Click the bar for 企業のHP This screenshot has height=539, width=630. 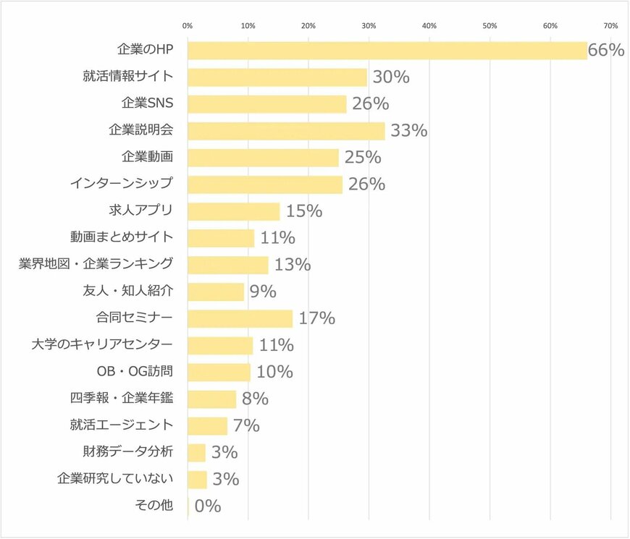(x=387, y=51)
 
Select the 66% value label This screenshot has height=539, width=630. (x=606, y=51)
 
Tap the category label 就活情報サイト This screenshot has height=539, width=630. (x=127, y=77)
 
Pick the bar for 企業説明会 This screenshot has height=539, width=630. (x=286, y=131)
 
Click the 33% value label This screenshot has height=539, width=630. (x=409, y=131)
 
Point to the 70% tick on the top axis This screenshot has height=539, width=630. (x=610, y=26)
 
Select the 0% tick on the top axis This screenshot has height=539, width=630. (x=188, y=26)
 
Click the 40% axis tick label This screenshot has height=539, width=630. (x=429, y=26)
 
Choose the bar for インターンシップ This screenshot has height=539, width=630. (x=265, y=184)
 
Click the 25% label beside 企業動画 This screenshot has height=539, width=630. (x=363, y=158)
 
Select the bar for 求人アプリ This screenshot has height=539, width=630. (x=233, y=211)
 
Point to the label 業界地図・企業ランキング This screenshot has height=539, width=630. (x=96, y=265)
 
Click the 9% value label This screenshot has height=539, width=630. (x=263, y=292)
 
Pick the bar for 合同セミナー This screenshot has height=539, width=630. (x=240, y=318)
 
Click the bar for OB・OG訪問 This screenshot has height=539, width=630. (x=219, y=372)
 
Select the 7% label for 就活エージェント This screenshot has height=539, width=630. (x=246, y=425)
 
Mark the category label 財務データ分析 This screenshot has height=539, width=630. (x=127, y=452)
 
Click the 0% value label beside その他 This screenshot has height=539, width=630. (x=208, y=506)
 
